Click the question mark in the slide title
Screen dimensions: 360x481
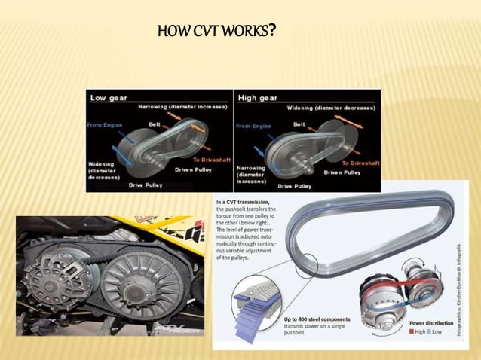[271, 32]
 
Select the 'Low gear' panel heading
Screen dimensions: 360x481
[109, 97]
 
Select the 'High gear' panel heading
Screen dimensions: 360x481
[258, 97]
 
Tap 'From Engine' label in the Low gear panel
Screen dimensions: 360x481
[105, 124]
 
